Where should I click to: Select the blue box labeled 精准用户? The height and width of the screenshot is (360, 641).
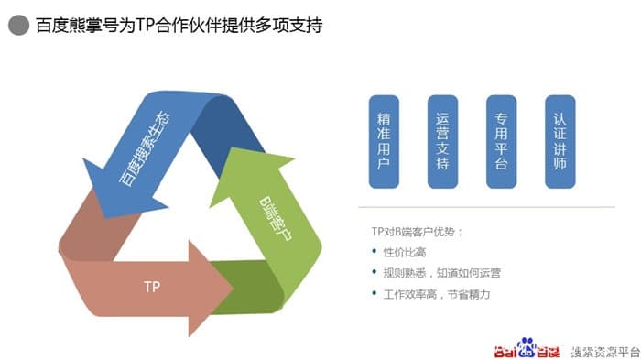[384, 141]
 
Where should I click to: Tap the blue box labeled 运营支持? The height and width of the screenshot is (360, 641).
[442, 141]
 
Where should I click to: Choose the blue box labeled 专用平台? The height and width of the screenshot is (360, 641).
[501, 141]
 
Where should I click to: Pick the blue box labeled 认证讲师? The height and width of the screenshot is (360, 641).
[560, 141]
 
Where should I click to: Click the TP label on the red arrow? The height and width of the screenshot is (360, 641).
[152, 287]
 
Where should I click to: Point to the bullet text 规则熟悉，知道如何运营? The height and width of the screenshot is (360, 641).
[441, 273]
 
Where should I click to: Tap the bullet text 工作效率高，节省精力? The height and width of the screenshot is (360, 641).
[435, 294]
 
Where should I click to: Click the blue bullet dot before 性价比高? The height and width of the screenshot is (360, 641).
[375, 252]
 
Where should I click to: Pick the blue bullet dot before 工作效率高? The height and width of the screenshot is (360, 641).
[375, 294]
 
